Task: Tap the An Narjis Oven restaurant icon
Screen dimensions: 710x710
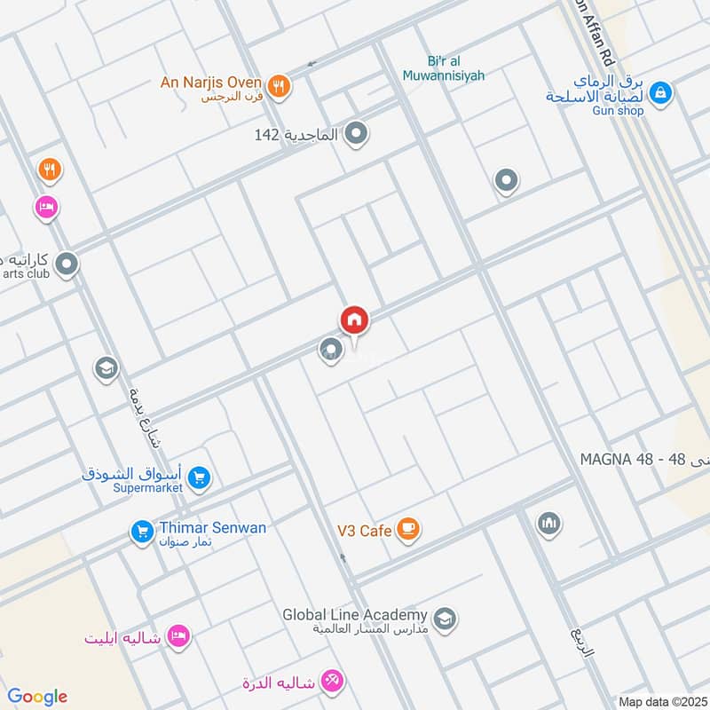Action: coord(279,85)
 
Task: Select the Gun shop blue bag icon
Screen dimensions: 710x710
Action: coord(660,91)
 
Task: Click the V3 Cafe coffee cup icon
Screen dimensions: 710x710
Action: coord(407,530)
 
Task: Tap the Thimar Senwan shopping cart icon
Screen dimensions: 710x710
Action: coord(141,532)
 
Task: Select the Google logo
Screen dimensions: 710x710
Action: coord(37,697)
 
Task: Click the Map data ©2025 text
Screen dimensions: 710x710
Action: coord(662,701)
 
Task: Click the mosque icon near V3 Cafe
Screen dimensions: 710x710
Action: coord(548,524)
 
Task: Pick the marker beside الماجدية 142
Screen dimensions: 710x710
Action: coord(357,135)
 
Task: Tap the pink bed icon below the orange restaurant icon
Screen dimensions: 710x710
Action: coord(46,208)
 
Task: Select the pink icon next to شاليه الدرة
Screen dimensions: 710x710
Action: coord(335,682)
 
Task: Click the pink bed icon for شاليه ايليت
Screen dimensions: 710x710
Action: coord(179,636)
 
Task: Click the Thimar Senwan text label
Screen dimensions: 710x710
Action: coord(212,528)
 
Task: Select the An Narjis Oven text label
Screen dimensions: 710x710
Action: coord(210,83)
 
